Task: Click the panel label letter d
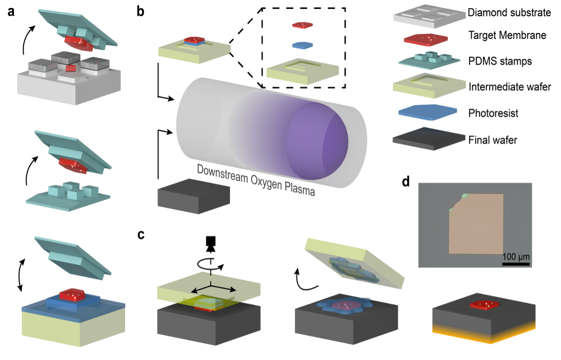click(406, 182)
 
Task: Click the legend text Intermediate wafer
click(510, 86)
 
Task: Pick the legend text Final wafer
click(493, 139)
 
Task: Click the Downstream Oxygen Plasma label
click(256, 180)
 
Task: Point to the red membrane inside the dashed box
click(302, 25)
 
